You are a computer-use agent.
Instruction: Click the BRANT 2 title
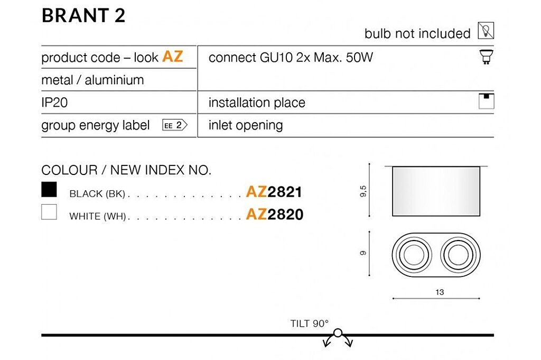(x=83, y=16)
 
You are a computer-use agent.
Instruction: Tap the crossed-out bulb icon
(x=486, y=30)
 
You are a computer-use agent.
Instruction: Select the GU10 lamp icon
(x=486, y=57)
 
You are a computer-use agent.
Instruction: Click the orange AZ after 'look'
(x=173, y=56)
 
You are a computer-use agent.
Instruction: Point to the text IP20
(x=54, y=103)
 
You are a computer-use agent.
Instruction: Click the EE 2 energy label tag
(x=174, y=125)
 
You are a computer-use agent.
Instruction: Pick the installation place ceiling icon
(x=486, y=101)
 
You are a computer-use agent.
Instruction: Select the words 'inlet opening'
(x=246, y=125)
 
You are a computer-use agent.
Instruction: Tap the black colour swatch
(x=49, y=189)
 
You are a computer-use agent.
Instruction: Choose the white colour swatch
(x=49, y=212)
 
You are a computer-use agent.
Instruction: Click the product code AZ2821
(x=274, y=192)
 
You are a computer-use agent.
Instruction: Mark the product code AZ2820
(x=275, y=214)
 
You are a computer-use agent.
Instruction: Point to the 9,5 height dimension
(x=363, y=191)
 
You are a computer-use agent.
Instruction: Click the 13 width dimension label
(x=440, y=292)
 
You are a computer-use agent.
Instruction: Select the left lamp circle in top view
(x=414, y=255)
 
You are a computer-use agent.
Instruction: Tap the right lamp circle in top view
(x=458, y=255)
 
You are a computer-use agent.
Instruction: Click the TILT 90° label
(x=310, y=324)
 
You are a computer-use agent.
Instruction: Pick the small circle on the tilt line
(x=338, y=333)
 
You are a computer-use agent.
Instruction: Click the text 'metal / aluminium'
(x=92, y=80)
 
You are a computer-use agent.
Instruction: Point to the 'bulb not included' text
(x=417, y=33)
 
